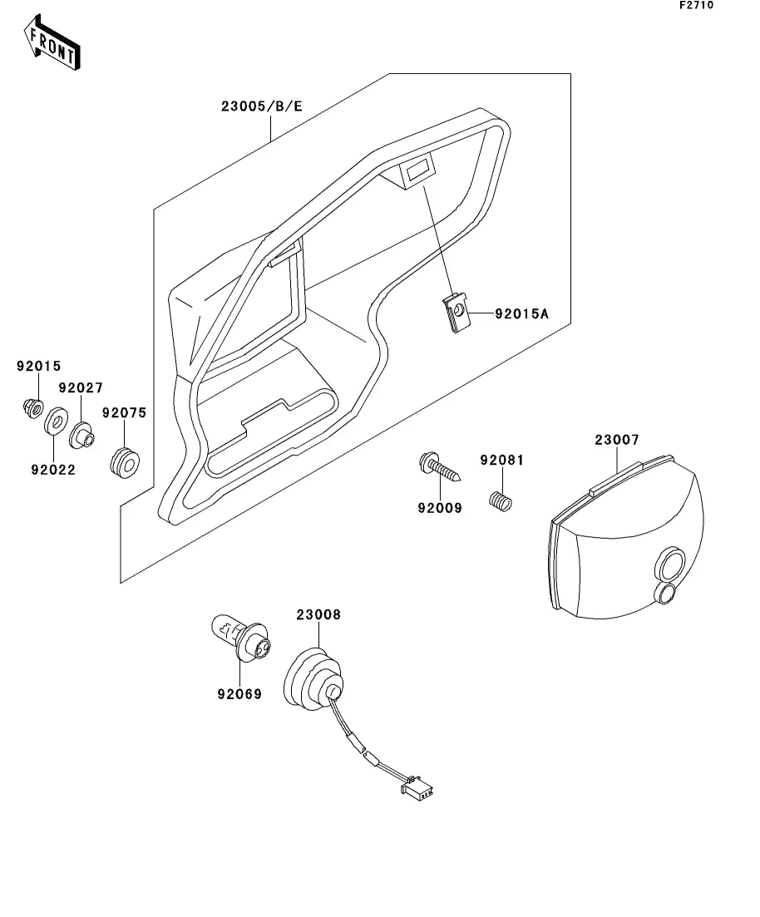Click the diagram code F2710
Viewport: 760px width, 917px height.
[x=696, y=6]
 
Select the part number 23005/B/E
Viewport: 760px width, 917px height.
[x=261, y=107]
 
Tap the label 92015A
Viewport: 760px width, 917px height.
[x=522, y=314]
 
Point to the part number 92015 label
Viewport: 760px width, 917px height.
[x=39, y=366]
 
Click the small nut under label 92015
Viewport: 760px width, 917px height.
[x=33, y=407]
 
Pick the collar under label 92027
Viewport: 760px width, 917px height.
[x=81, y=435]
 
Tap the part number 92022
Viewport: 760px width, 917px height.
[x=53, y=470]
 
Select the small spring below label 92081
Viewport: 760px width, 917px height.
[x=501, y=501]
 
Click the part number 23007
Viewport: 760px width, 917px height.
[x=616, y=440]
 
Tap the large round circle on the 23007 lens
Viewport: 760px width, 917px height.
[x=669, y=564]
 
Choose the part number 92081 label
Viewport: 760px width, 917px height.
[x=501, y=460]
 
